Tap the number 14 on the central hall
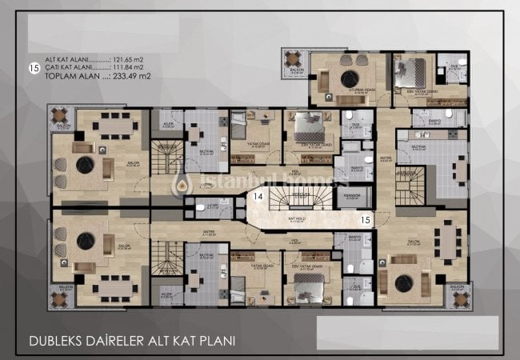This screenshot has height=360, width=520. click(x=258, y=195)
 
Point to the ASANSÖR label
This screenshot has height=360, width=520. click(x=352, y=195)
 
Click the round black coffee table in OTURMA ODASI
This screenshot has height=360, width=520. click(x=350, y=78)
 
